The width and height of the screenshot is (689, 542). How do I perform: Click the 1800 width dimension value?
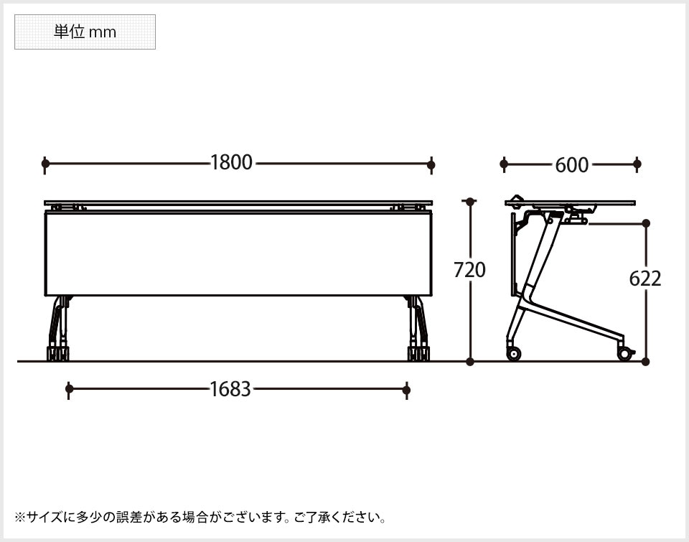[x=231, y=163]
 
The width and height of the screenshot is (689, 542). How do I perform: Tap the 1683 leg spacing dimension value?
[x=230, y=389]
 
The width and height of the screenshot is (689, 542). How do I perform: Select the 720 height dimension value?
[x=469, y=270]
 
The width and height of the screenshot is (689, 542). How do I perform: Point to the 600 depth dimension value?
[x=571, y=165]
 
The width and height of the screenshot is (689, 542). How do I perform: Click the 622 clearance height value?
[x=645, y=279]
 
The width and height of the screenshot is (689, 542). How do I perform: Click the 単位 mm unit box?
[x=85, y=32]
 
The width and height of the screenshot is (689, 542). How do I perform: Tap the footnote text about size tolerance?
[x=201, y=517]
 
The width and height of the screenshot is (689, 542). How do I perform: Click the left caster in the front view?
[x=57, y=353]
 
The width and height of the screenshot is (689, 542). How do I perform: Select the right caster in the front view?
[x=418, y=353]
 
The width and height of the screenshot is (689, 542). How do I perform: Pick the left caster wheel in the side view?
[x=514, y=353]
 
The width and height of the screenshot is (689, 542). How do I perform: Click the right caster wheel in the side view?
[x=625, y=353]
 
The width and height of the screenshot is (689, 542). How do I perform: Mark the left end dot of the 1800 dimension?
[x=45, y=164]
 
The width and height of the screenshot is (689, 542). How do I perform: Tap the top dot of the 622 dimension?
[x=646, y=223]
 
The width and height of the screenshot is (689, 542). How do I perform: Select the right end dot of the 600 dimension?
[x=637, y=164]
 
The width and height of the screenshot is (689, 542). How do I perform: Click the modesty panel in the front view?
[x=238, y=254]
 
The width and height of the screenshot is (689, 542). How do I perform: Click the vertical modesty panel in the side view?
[x=514, y=255]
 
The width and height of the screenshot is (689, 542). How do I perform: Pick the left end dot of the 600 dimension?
[x=504, y=164]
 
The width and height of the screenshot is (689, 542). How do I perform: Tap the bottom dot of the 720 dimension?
[x=470, y=361]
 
